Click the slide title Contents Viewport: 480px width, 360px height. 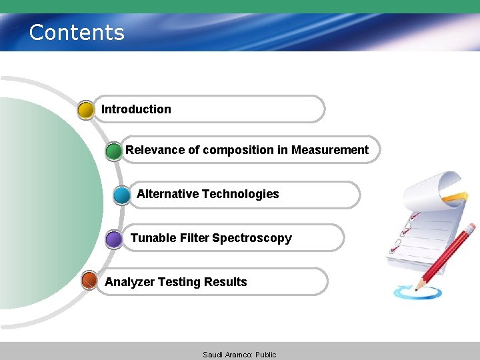pyautogui.click(x=77, y=32)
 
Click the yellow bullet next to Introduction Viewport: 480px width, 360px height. pyautogui.click(x=86, y=110)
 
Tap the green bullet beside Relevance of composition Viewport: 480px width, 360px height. pyautogui.click(x=114, y=151)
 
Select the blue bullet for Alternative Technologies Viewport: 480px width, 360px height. pyautogui.click(x=122, y=195)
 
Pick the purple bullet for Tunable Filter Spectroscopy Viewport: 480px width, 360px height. pyautogui.click(x=114, y=239)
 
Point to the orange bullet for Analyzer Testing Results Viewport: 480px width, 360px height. pyautogui.click(x=89, y=281)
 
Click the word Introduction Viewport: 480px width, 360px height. pyautogui.click(x=136, y=109)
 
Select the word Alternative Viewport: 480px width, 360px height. pyautogui.click(x=167, y=194)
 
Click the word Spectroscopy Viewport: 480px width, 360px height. pyautogui.click(x=252, y=238)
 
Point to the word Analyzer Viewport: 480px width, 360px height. pyautogui.click(x=129, y=282)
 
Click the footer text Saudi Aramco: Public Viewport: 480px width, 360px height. pyautogui.click(x=239, y=355)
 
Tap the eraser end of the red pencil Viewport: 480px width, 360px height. pyautogui.click(x=471, y=227)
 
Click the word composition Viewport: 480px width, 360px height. pyautogui.click(x=237, y=150)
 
